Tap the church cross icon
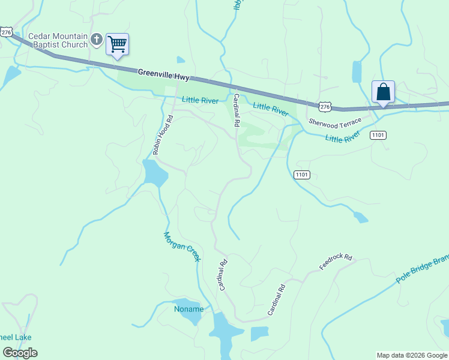[97, 40]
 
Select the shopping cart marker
[118, 43]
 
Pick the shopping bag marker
[383, 92]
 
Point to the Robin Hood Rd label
[163, 134]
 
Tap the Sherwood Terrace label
[335, 121]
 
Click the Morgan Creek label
[182, 246]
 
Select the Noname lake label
[188, 310]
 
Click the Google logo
[20, 352]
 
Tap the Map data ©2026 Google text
[412, 355]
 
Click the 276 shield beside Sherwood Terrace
[324, 106]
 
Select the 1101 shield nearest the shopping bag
[378, 135]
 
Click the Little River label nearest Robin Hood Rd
[200, 101]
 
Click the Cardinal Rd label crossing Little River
[237, 110]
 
